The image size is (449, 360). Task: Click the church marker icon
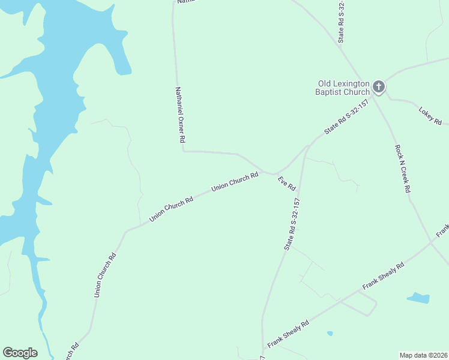click(x=379, y=87)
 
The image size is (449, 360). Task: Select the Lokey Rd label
click(x=430, y=116)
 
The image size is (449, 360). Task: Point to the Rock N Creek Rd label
click(x=402, y=168)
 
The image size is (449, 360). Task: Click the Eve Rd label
click(x=286, y=184)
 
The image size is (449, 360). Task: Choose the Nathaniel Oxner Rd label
click(x=179, y=115)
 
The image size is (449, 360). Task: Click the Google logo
click(x=20, y=353)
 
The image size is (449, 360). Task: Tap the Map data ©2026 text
click(x=423, y=355)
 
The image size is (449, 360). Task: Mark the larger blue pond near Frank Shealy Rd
click(x=418, y=298)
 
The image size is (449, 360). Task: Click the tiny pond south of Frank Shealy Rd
click(x=330, y=333)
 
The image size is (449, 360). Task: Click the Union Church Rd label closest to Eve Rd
click(x=235, y=182)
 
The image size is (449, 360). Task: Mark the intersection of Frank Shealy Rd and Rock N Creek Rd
click(x=432, y=243)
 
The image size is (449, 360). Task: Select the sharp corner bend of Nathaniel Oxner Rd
click(x=182, y=151)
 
